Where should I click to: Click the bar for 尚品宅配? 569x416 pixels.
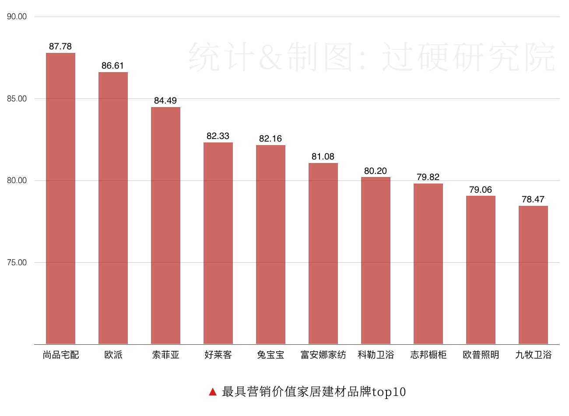click(x=60, y=198)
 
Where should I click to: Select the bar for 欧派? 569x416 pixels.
click(x=113, y=208)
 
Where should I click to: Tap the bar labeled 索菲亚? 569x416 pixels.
click(x=165, y=225)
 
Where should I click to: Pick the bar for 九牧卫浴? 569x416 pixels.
click(x=533, y=275)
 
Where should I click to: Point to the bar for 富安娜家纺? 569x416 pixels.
click(x=323, y=253)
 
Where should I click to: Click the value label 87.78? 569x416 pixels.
click(x=60, y=46)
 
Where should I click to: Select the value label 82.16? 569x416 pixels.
click(x=270, y=139)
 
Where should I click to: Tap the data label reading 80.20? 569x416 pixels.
click(x=376, y=171)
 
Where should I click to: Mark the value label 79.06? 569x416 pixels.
click(x=481, y=190)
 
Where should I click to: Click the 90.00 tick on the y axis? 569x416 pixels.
click(x=17, y=17)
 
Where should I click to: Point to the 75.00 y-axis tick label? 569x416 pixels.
click(x=17, y=263)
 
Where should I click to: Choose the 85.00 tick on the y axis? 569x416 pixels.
click(x=17, y=99)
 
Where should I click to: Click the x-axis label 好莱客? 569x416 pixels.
click(x=218, y=355)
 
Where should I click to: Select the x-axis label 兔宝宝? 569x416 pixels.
click(x=270, y=355)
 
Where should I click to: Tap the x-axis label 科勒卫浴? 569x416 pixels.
click(x=376, y=355)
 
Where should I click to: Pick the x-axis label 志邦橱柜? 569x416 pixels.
click(x=428, y=355)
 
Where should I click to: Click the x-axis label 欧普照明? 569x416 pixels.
click(x=481, y=355)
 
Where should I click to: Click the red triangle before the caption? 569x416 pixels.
click(x=213, y=392)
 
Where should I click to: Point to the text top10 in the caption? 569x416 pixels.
click(x=389, y=392)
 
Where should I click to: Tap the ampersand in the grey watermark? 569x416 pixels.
click(x=271, y=57)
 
